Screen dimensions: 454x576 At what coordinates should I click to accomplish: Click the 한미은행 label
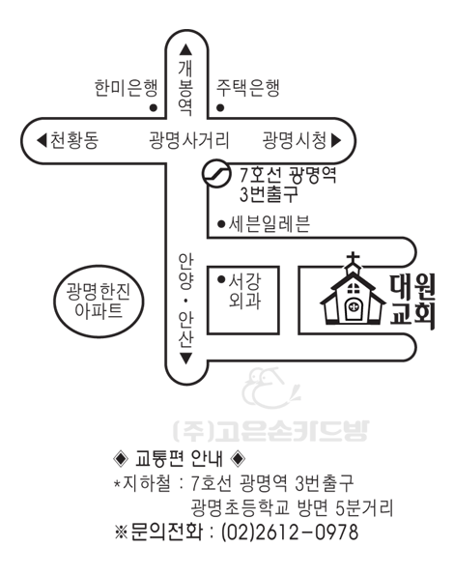[x=127, y=88]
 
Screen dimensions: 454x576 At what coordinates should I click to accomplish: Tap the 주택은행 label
[x=248, y=88]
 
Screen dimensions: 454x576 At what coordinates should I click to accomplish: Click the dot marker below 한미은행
[x=154, y=108]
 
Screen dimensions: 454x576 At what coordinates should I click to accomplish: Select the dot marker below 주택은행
[x=220, y=108]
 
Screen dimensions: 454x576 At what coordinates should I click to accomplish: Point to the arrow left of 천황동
[x=42, y=140]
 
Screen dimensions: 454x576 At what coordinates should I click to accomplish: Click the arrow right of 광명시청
[x=336, y=140]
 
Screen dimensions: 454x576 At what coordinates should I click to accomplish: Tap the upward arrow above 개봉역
[x=185, y=49]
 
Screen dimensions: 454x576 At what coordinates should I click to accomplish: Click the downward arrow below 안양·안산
[x=185, y=359]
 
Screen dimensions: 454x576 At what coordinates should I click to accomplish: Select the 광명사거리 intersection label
[x=189, y=140]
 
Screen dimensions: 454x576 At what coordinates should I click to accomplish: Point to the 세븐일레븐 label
[x=270, y=223]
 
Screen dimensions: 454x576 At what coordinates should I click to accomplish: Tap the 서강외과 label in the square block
[x=244, y=291]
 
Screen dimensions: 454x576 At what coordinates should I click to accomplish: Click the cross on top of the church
[x=354, y=259]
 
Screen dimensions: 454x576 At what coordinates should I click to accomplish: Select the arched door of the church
[x=354, y=308]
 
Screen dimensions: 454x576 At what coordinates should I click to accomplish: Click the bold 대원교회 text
[x=412, y=302]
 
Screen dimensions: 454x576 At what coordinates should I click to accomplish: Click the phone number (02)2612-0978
[x=290, y=533]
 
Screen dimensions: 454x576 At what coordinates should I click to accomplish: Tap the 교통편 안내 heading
[x=179, y=458]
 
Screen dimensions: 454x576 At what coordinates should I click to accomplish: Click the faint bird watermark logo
[x=270, y=389]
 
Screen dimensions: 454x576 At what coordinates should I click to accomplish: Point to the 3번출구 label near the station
[x=269, y=194]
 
